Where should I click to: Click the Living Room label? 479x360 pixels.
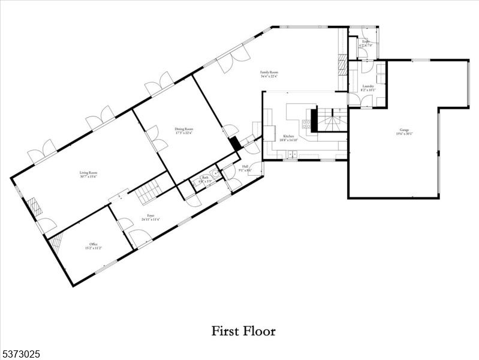tap(89, 175)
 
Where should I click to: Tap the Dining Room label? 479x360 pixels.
tap(184, 130)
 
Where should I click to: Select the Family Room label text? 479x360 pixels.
tap(269, 74)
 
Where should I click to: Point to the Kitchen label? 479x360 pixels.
tap(288, 138)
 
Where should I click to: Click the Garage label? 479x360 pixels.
tap(400, 131)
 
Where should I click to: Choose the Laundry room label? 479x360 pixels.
tap(368, 88)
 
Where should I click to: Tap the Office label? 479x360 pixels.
tap(94, 245)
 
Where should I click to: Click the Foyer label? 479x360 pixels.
tap(150, 217)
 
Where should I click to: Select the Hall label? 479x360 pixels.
tap(246, 168)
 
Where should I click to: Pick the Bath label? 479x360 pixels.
tap(204, 179)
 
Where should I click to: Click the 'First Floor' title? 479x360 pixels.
tap(243, 331)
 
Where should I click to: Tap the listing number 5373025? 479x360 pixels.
tap(21, 355)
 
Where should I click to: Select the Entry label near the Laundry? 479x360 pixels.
tap(366, 43)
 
